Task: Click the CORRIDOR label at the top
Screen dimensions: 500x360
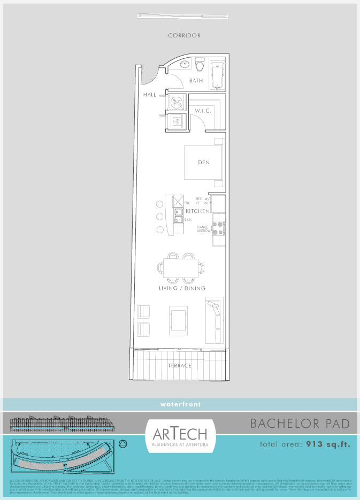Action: (184, 35)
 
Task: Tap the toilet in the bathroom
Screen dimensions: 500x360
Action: (200, 65)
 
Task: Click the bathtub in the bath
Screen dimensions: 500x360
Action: (217, 74)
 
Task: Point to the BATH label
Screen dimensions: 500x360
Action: (196, 81)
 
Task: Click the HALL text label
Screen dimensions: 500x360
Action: (149, 95)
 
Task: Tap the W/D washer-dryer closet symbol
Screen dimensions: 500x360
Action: (177, 122)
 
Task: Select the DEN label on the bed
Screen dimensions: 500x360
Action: (203, 163)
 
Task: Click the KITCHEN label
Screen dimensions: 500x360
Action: (197, 212)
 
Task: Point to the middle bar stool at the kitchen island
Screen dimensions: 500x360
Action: (159, 217)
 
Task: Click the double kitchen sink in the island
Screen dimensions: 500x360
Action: (178, 216)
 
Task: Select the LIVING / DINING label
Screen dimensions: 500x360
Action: (182, 288)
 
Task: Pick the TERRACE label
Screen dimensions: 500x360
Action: (179, 366)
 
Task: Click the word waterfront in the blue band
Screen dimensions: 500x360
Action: (180, 404)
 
